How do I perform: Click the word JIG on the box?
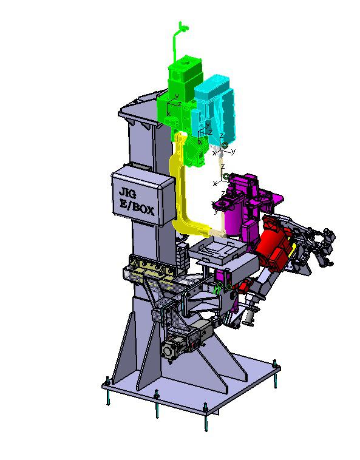click(x=127, y=194)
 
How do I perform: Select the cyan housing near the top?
click(x=215, y=110)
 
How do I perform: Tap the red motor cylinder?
click(x=272, y=243)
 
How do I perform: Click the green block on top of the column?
click(x=185, y=76)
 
